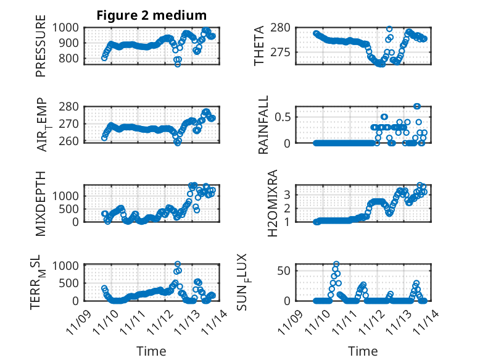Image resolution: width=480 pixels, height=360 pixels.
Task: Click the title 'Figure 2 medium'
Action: coord(151,15)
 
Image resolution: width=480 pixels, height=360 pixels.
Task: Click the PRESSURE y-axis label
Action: coord(41,50)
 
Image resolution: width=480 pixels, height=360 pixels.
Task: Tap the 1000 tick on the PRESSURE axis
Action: coord(65,27)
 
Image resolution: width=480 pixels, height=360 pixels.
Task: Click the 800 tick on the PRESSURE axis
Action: coord(69,59)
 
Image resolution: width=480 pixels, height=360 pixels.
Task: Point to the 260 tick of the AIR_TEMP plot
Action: coord(69,141)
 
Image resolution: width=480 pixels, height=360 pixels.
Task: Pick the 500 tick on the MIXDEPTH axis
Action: coord(69,209)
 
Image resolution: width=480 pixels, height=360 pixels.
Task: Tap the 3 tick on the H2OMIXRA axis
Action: coord(287,194)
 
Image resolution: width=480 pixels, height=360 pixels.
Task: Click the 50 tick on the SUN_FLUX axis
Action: coord(285,270)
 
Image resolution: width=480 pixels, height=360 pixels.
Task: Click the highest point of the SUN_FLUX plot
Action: coord(336,264)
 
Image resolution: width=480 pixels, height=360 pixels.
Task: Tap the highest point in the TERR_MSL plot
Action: coord(178,264)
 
